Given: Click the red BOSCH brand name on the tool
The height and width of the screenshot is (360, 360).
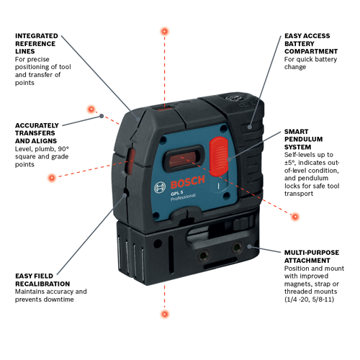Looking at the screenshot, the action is [x=188, y=181].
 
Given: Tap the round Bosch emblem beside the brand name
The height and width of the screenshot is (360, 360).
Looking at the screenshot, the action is [x=160, y=187].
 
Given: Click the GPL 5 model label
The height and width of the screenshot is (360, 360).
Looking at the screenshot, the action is [x=177, y=193].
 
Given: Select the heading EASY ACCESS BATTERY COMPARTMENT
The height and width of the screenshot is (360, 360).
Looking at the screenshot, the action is [x=311, y=44].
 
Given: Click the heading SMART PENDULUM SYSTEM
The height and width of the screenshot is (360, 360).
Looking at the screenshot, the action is [x=303, y=139].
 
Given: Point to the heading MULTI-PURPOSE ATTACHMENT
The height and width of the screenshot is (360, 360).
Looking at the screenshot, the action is [x=312, y=256].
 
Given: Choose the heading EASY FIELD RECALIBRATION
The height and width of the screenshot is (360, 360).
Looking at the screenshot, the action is [x=42, y=280].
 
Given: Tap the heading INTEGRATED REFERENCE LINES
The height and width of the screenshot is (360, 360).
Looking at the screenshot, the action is [x=37, y=44].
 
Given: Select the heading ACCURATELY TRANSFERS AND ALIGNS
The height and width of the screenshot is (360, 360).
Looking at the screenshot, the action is [x=37, y=133].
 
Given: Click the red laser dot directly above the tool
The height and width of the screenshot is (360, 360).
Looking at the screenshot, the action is [x=165, y=32].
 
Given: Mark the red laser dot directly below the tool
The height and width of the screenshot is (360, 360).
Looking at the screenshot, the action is [x=165, y=314].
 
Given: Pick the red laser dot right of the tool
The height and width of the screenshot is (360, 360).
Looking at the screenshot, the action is [x=295, y=217].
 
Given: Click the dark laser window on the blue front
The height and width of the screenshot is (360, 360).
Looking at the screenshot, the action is [x=184, y=158].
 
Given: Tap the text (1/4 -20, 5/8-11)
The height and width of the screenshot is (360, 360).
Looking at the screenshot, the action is [x=309, y=300].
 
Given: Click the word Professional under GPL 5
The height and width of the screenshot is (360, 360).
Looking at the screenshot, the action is [x=183, y=197].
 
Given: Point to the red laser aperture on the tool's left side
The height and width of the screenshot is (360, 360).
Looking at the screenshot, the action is [x=130, y=161].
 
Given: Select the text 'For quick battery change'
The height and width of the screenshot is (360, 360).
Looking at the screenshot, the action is [x=310, y=63].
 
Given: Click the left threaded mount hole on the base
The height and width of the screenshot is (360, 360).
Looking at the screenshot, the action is [x=204, y=256].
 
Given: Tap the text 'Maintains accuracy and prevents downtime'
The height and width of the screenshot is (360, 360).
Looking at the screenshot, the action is [x=51, y=295].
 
